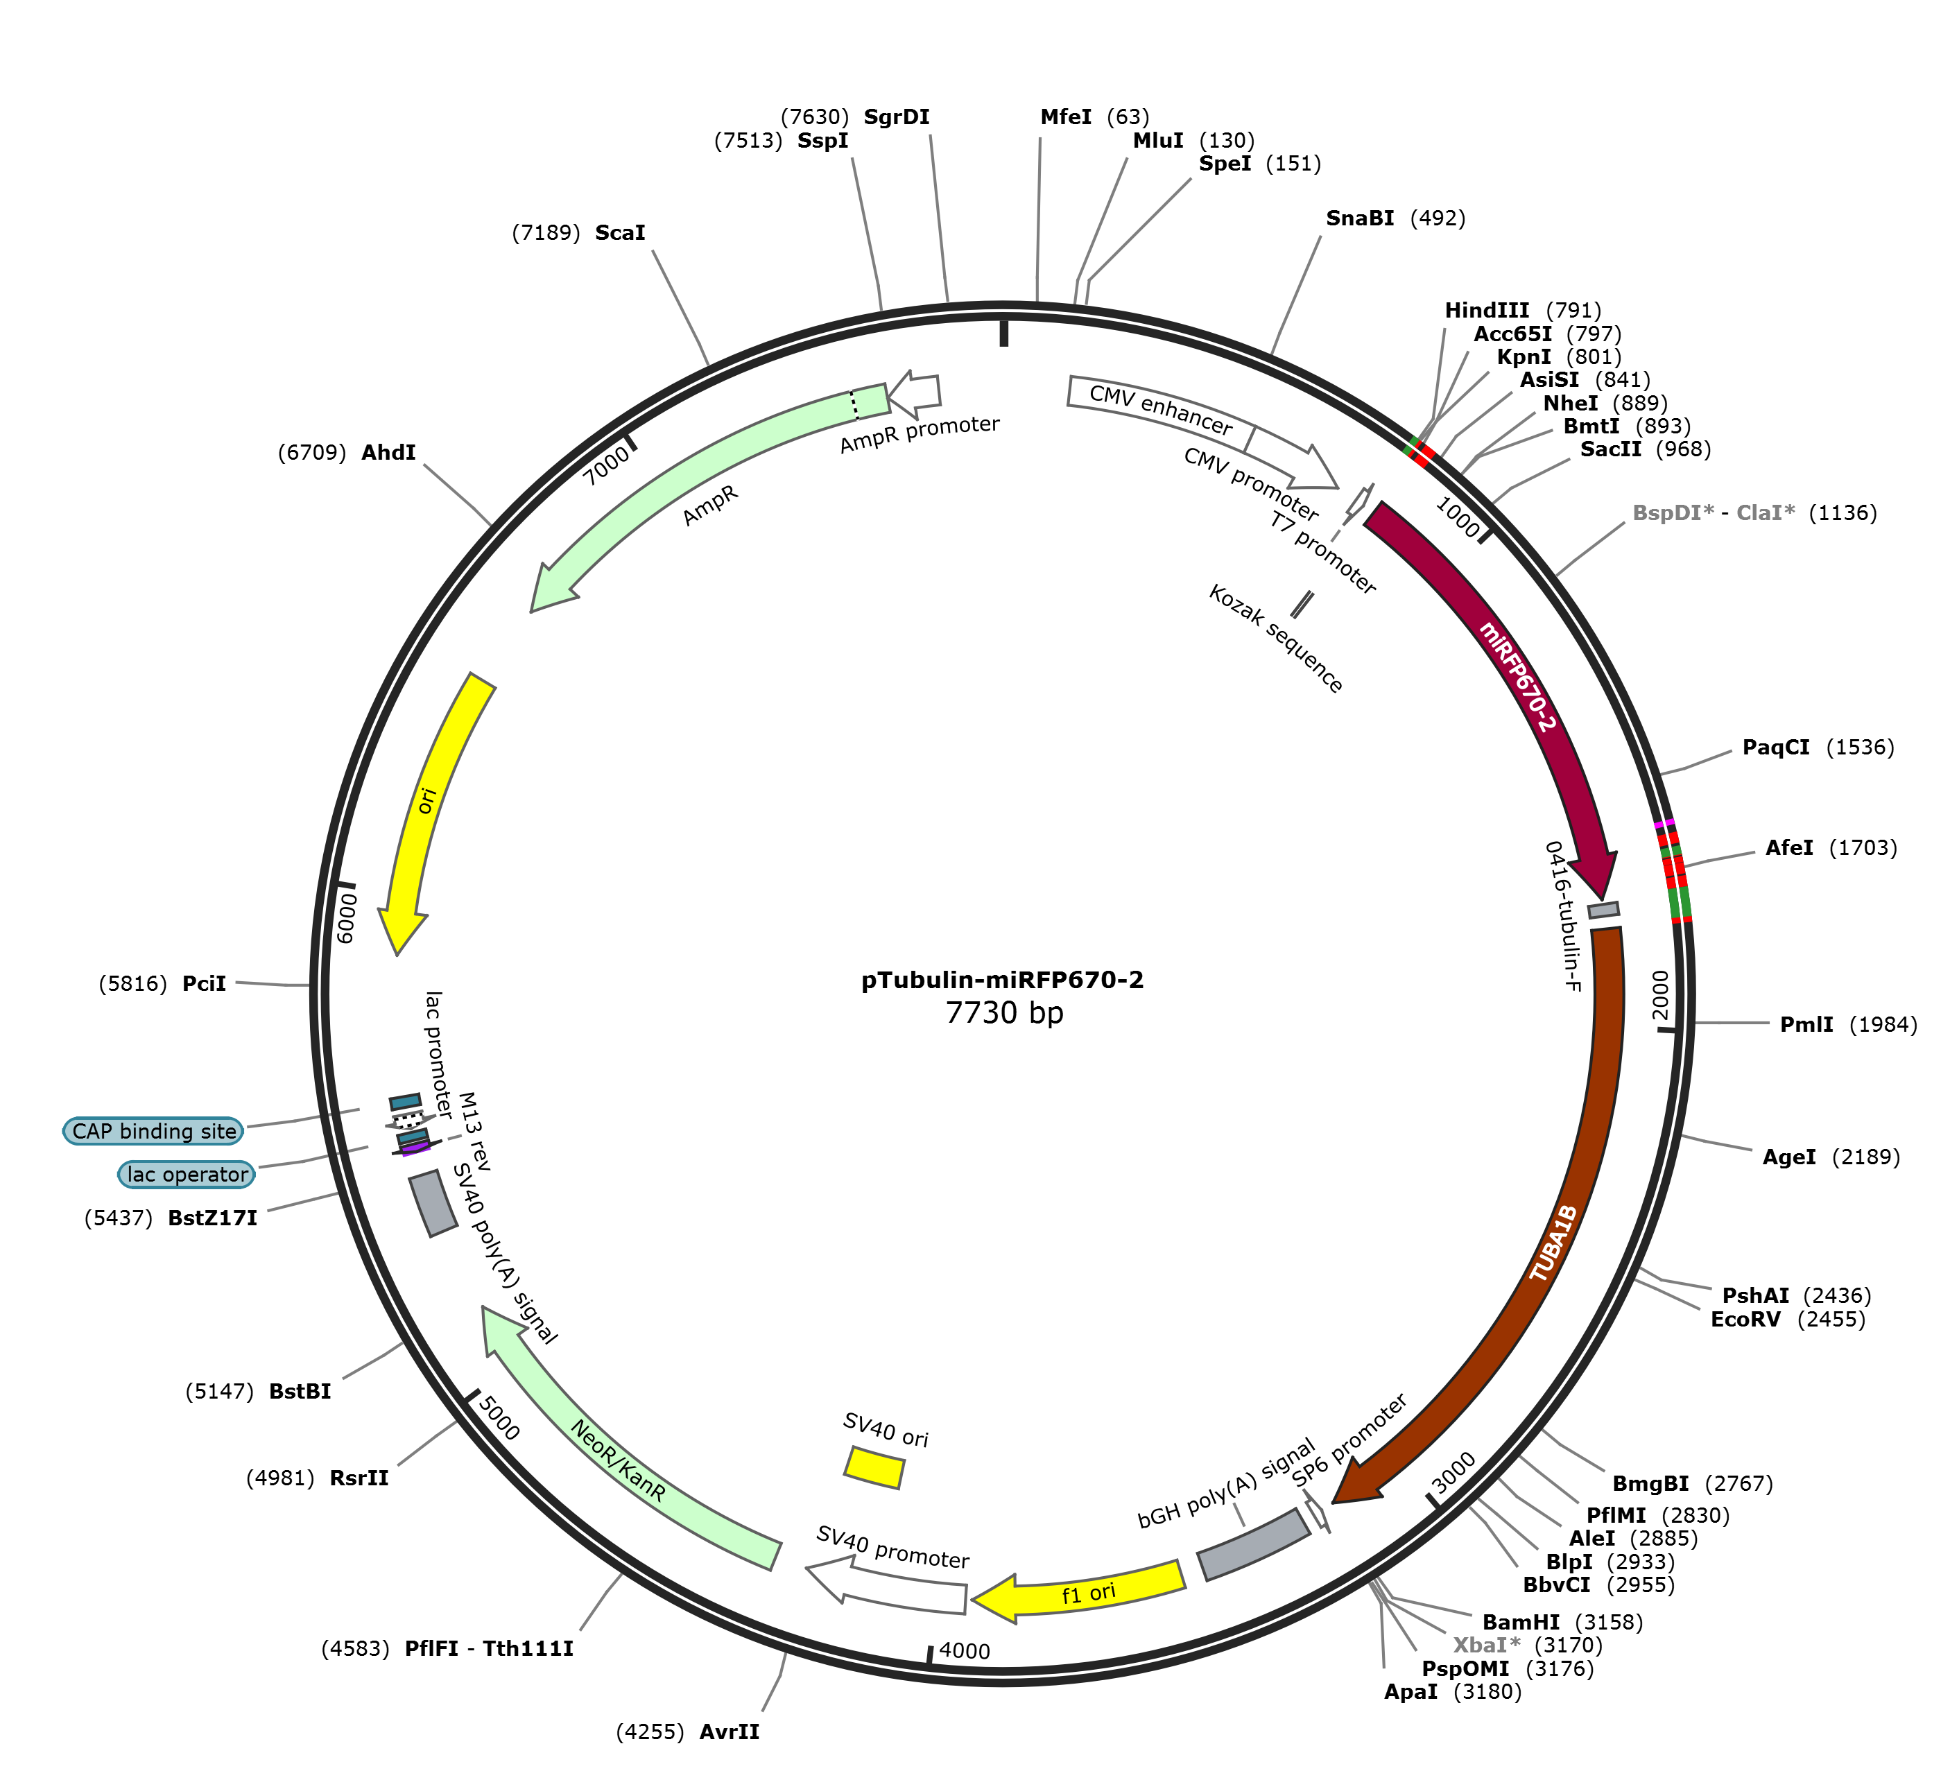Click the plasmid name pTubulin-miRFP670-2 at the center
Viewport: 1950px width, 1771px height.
[1003, 980]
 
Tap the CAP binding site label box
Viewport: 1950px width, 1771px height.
[154, 1131]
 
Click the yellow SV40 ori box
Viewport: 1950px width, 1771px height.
[874, 1467]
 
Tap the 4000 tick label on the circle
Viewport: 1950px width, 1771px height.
[965, 1651]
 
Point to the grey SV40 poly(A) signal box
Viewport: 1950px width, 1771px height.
[432, 1204]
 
